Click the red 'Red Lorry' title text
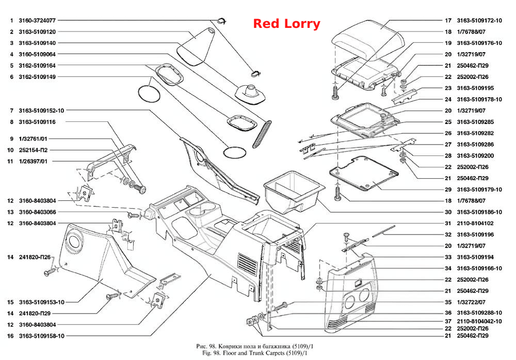point(286,24)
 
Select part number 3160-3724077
point(37,21)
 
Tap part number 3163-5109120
point(37,32)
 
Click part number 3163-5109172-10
point(479,21)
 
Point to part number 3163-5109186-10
point(479,212)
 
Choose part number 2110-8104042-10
point(479,321)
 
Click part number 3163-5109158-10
point(41,336)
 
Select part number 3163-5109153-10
point(41,302)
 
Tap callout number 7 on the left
point(11,111)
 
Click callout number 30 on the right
point(448,212)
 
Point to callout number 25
point(448,122)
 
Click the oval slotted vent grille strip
point(262,134)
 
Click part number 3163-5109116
point(37,122)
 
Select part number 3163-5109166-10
point(479,268)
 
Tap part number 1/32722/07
point(471,302)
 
